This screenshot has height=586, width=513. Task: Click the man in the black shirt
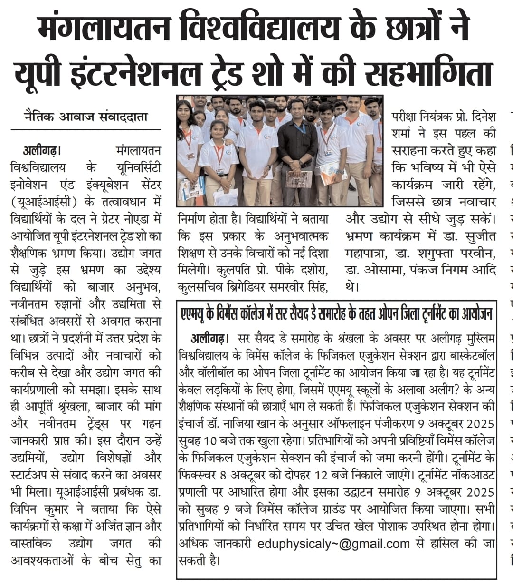[297, 147]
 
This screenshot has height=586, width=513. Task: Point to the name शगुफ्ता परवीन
[452, 253]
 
